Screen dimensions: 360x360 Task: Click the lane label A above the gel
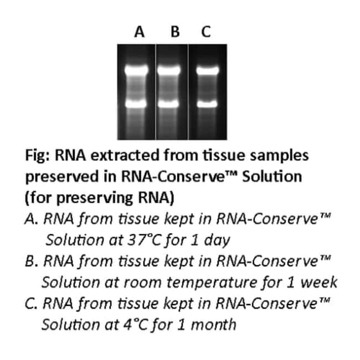pos(140,32)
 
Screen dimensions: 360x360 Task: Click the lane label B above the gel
pos(175,32)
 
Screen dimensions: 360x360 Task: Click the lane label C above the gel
pos(206,32)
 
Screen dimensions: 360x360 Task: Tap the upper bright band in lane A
pos(136,70)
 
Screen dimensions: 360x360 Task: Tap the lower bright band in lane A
pos(136,104)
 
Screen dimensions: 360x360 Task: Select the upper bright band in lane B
pos(169,70)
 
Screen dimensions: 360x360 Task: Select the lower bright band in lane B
pos(168,104)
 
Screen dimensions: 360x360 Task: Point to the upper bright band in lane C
pos(208,70)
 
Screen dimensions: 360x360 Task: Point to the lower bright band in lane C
pos(207,104)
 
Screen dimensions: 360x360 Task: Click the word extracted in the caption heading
pos(125,155)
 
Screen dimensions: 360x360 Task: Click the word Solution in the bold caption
pos(272,177)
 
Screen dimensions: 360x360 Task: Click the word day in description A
pos(217,241)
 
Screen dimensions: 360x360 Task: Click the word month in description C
pos(213,325)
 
